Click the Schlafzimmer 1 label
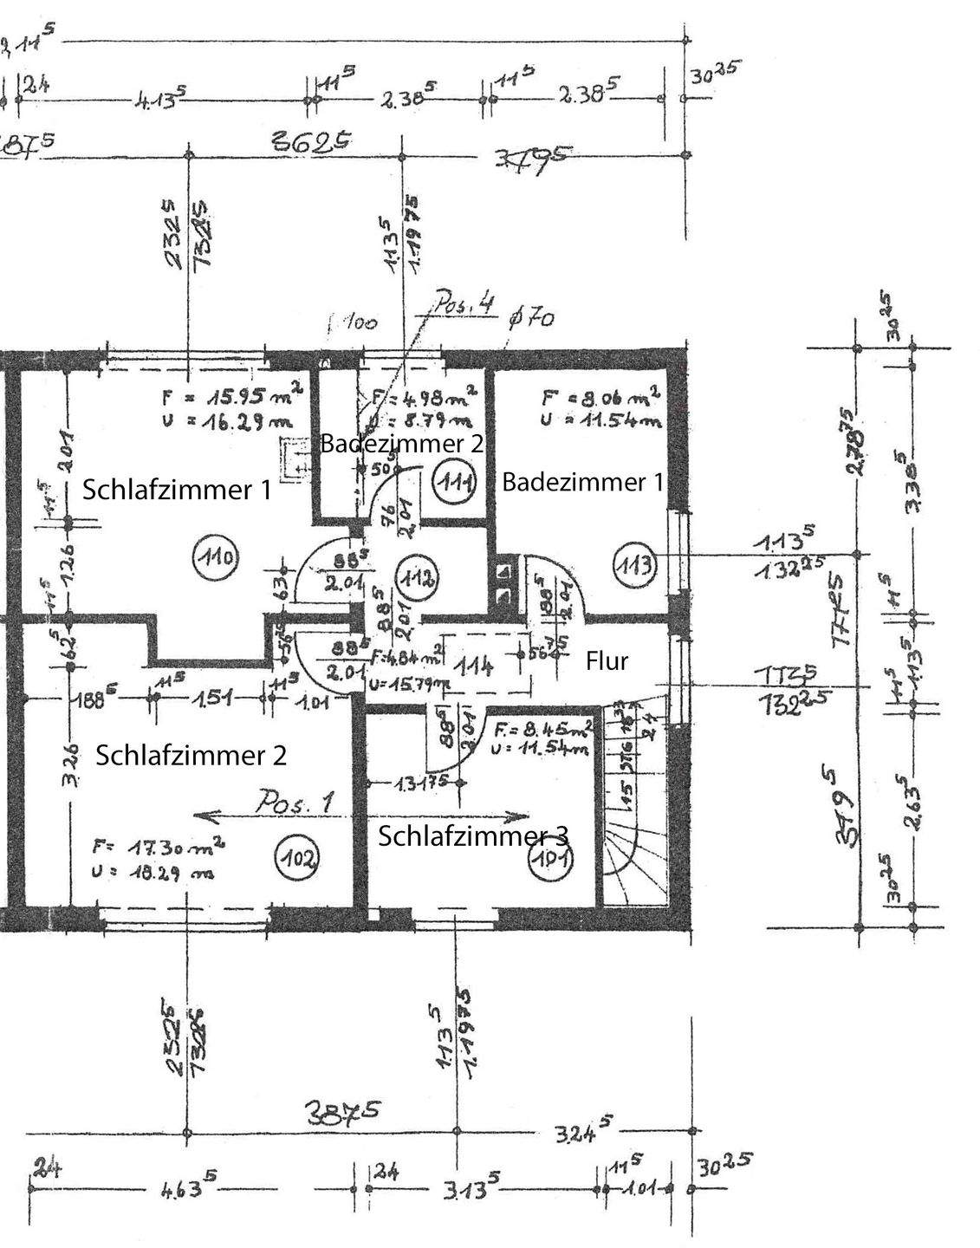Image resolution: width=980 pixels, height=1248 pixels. (177, 490)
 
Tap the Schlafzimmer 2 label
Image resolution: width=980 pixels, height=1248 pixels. (191, 755)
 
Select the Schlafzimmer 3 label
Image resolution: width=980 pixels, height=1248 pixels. (473, 836)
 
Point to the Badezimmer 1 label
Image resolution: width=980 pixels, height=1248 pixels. (582, 482)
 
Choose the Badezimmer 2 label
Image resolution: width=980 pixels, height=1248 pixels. (401, 445)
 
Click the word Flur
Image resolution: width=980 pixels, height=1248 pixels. (607, 661)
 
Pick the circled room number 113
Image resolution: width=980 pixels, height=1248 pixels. (634, 568)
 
